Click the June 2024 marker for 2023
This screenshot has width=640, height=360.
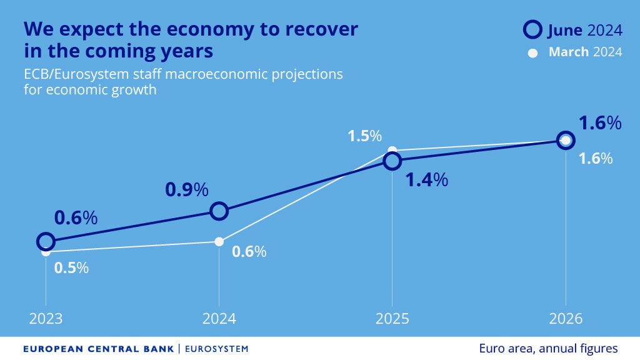[x=46, y=241]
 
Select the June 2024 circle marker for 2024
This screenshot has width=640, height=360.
[x=219, y=211]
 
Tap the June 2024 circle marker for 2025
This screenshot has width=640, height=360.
[x=392, y=161]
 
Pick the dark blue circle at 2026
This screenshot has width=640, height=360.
[x=566, y=140]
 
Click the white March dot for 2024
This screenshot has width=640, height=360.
[x=219, y=242]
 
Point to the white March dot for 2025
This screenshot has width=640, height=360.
[x=392, y=150]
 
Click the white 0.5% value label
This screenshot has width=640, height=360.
[x=71, y=268]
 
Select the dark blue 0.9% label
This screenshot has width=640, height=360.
[x=186, y=189]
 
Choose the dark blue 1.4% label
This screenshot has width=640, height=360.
[x=427, y=180]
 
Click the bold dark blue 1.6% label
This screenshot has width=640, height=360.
[x=600, y=123]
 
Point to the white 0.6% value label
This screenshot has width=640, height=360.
[x=249, y=252]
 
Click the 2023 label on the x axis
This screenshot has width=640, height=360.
[x=46, y=318]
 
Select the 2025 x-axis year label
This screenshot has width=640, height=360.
[x=392, y=318]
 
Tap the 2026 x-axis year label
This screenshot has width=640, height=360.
[x=566, y=318]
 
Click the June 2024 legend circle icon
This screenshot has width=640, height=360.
[x=532, y=29]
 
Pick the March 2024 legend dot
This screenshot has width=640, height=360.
[x=532, y=53]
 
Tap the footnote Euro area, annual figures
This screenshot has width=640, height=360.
[x=548, y=348]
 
